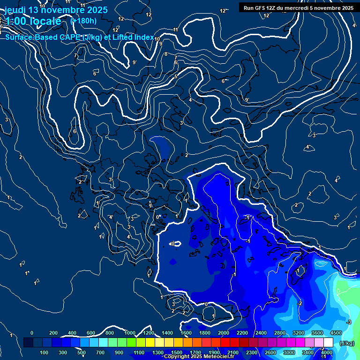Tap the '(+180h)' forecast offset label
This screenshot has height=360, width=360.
pos(83,21)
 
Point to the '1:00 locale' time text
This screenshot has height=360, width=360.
pos(33,21)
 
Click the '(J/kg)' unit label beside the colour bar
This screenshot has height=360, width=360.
pos(347,343)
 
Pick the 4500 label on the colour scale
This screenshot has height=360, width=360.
pos(336,333)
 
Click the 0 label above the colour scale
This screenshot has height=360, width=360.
pos(32,333)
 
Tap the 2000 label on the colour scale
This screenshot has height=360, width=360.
pos(224,333)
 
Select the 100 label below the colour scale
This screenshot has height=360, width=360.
pos(44,352)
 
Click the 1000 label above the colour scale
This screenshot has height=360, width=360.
pos(129,333)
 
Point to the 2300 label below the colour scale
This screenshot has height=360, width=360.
pos(251,352)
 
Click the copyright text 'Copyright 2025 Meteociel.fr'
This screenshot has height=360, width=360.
pos(199,357)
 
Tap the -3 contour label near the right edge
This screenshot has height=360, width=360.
pos(348,322)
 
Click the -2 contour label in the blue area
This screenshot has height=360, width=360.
pos(300,303)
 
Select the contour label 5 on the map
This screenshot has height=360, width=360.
pos(176,76)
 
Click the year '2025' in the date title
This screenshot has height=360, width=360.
pos(97,10)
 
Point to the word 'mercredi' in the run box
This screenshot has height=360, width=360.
pos(304,8)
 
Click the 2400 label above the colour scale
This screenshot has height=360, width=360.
pos(261,333)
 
